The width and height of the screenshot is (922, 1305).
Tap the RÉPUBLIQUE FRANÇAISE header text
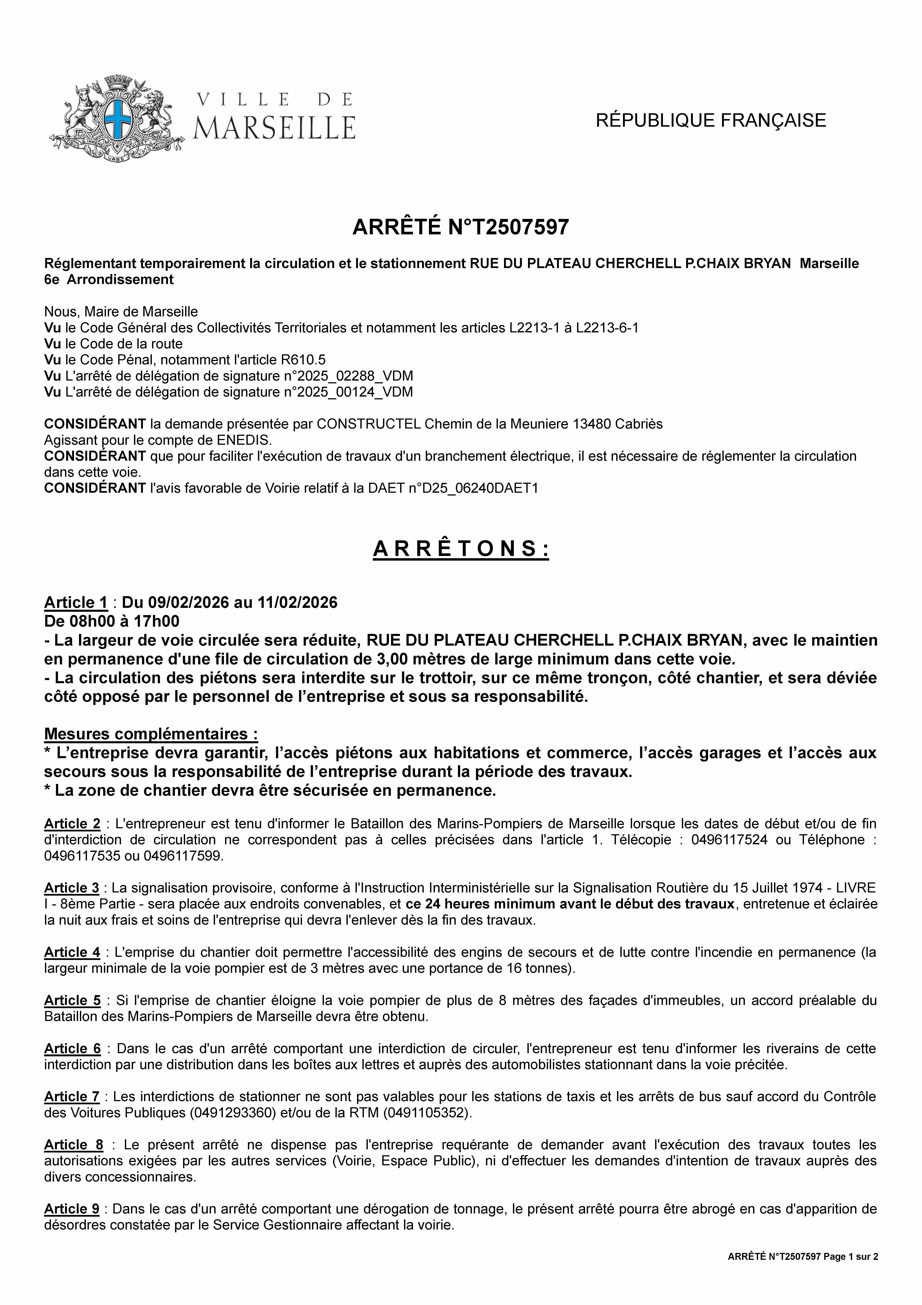coord(711,121)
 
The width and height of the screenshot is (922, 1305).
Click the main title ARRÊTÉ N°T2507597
coord(461,227)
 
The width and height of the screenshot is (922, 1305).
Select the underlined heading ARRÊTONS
coord(461,549)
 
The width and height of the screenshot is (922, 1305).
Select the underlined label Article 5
coord(72,1000)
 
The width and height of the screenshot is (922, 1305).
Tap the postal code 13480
coord(599,424)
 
